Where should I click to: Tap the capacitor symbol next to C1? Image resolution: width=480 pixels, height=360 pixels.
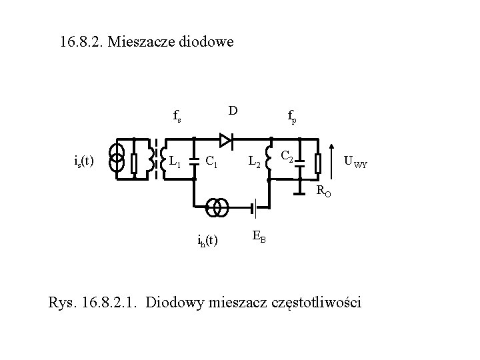[193, 160]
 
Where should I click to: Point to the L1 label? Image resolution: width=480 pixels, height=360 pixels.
[176, 161]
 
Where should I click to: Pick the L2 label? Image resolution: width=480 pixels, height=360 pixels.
[255, 161]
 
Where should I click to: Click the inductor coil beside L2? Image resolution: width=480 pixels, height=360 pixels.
[269, 160]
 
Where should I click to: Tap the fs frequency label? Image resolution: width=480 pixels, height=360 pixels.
[177, 118]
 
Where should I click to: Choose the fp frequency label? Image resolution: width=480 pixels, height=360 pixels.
[292, 118]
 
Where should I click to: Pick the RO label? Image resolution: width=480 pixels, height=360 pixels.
[323, 192]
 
